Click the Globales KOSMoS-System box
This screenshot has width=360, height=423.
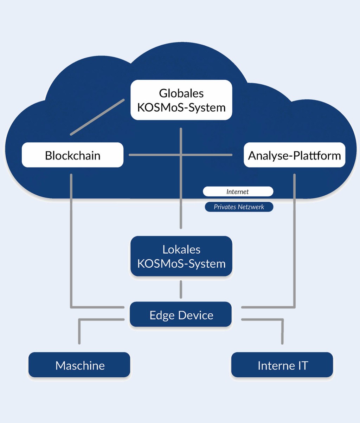pyautogui.click(x=181, y=100)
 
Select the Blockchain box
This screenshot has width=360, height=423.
pyautogui.click(x=72, y=155)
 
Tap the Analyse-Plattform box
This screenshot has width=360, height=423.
pyautogui.click(x=294, y=155)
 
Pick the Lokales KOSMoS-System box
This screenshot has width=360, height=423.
pyautogui.click(x=181, y=256)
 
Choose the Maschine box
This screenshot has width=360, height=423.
pyautogui.click(x=79, y=365)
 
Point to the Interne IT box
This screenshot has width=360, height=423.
pyautogui.click(x=282, y=365)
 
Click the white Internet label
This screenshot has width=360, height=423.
pyautogui.click(x=238, y=191)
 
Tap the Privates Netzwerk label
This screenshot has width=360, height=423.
pyautogui.click(x=239, y=207)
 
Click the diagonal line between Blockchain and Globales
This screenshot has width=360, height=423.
pyautogui.click(x=97, y=117)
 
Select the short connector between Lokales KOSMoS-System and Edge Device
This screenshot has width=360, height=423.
pyautogui.click(x=181, y=289)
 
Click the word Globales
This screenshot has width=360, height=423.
pyautogui.click(x=181, y=93)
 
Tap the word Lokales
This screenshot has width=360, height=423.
pyautogui.click(x=181, y=249)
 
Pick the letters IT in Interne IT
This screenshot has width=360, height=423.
pyautogui.click(x=302, y=365)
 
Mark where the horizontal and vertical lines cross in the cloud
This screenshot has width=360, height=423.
pyautogui.click(x=181, y=155)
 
